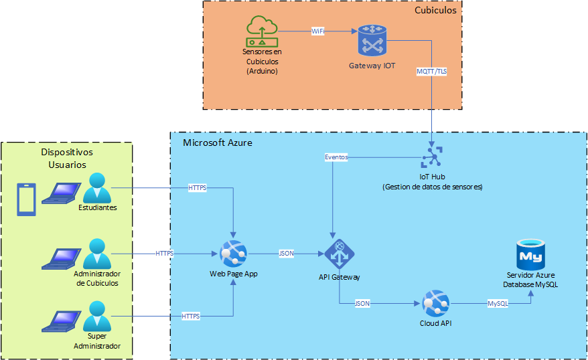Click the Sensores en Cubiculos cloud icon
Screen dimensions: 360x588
pyautogui.click(x=262, y=31)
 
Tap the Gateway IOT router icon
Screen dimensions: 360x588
pyautogui.click(x=372, y=41)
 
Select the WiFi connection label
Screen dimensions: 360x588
pyautogui.click(x=318, y=31)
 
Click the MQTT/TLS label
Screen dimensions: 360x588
pyautogui.click(x=431, y=71)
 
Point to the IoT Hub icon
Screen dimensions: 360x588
pyautogui.click(x=432, y=158)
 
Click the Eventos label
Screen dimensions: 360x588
pyautogui.click(x=336, y=157)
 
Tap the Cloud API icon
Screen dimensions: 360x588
pyautogui.click(x=435, y=304)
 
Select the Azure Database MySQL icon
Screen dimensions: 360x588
pyautogui.click(x=530, y=254)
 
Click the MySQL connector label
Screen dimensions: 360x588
pyautogui.click(x=498, y=304)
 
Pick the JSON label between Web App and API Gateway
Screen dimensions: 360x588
pyautogui.click(x=286, y=254)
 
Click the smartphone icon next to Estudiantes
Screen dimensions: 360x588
pyautogui.click(x=25, y=200)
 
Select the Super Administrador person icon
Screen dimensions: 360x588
pyautogui.click(x=97, y=315)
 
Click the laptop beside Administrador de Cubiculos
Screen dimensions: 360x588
pyautogui.click(x=60, y=258)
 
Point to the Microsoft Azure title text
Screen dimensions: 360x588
pyautogui.click(x=217, y=143)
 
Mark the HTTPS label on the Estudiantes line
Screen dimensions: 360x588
pyautogui.click(x=198, y=189)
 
